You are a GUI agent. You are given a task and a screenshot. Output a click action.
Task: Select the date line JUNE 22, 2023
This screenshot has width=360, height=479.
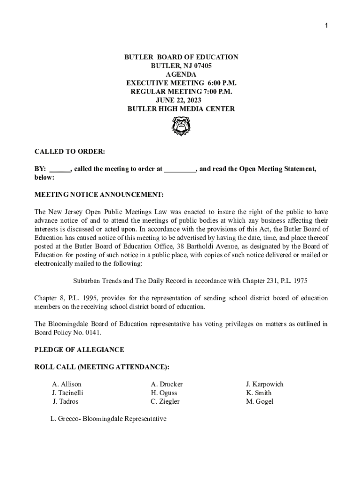click(181, 100)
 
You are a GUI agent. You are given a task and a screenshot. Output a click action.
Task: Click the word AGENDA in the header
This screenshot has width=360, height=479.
click(181, 74)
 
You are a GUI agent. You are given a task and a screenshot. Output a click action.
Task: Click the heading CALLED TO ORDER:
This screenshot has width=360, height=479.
click(70, 152)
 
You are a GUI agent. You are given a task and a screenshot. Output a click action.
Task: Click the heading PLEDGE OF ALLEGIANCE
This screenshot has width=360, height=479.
click(79, 349)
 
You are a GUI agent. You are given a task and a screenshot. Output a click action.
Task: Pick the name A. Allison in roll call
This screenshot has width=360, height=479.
click(66, 384)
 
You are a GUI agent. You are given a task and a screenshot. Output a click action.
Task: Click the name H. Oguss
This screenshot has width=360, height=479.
click(164, 393)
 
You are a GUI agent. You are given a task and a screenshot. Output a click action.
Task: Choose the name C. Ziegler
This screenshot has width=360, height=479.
click(165, 401)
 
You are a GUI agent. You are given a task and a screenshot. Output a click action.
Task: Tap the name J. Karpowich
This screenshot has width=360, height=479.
click(265, 384)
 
